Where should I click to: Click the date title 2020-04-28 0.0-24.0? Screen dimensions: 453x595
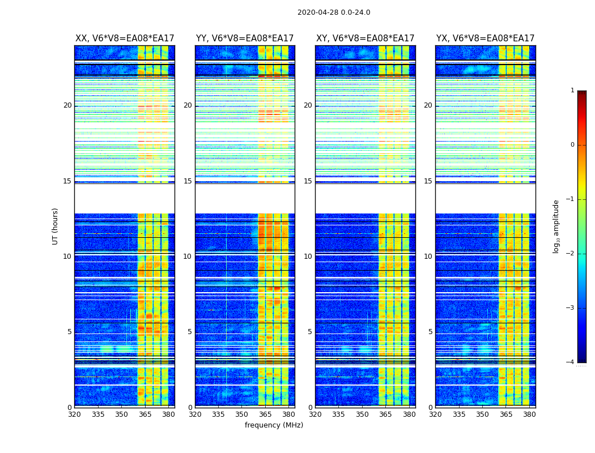334,12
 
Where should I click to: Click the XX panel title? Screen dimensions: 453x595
125,39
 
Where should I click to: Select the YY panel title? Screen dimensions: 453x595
245,39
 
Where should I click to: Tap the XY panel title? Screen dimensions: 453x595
365,39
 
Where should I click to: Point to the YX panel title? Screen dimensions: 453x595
485,39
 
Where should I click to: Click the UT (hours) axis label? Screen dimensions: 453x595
56,226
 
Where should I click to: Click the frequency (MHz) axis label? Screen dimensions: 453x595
274,425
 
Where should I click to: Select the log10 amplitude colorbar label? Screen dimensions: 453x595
556,226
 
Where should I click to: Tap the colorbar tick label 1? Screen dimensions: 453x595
572,91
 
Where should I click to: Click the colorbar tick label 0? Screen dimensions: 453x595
572,145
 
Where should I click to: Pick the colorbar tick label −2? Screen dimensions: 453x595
571,254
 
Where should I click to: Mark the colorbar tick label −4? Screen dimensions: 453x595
571,362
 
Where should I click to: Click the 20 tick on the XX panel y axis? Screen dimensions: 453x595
67,105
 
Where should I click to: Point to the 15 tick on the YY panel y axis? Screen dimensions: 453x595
188,181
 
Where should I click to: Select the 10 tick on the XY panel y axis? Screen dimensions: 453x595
308,257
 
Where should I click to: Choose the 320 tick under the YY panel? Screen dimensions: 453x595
195,414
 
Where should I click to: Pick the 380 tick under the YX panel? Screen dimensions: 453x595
529,414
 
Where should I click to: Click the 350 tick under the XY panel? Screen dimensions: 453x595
362,414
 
